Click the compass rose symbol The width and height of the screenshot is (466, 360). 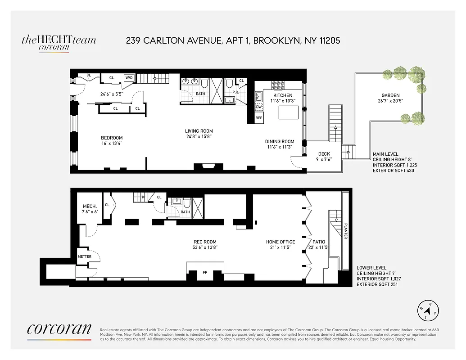[x=429, y=310]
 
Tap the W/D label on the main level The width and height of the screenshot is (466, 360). [x=129, y=77]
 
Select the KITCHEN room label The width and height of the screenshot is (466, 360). [x=282, y=95]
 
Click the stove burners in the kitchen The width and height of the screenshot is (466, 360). [x=277, y=85]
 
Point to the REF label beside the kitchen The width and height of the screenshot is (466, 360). [x=259, y=118]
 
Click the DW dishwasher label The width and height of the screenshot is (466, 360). [x=258, y=107]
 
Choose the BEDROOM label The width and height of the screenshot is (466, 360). [x=112, y=138]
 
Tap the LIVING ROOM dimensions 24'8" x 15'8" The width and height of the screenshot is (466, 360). [x=199, y=136]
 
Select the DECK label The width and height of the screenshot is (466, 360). [x=324, y=154]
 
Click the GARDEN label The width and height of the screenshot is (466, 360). [x=391, y=95]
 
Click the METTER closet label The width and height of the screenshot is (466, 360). [x=84, y=256]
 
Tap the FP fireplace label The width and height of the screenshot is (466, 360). [x=205, y=273]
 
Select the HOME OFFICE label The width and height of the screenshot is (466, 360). [x=281, y=242]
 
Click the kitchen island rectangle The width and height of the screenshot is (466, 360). [x=289, y=111]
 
